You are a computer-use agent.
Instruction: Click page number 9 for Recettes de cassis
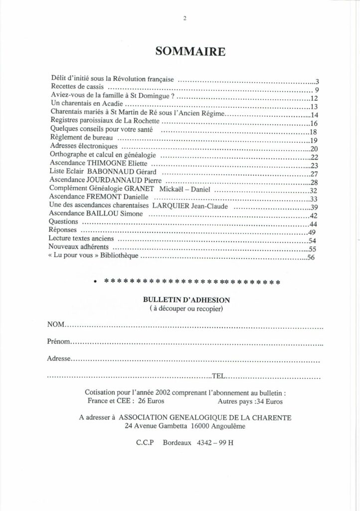(316, 90)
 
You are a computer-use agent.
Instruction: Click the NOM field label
(56, 325)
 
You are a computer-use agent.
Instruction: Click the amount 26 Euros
(150, 401)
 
